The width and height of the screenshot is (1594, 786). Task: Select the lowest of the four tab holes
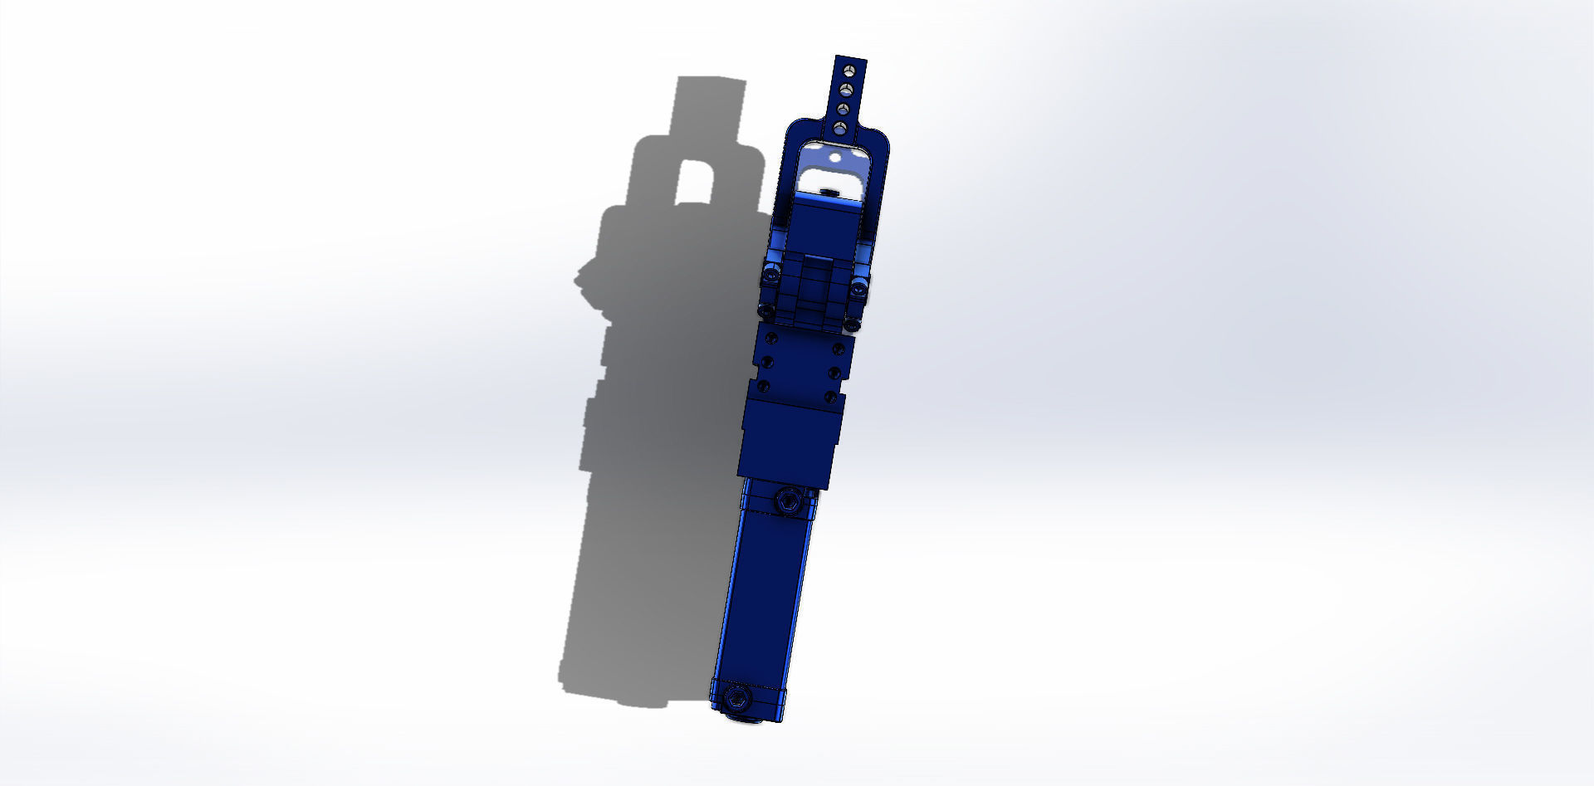pos(840,128)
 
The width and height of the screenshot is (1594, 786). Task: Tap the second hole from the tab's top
pos(846,88)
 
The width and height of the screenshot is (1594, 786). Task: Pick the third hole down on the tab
pos(843,109)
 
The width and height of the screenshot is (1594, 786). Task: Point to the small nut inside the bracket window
pos(827,192)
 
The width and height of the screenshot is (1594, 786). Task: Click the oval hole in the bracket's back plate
pos(835,157)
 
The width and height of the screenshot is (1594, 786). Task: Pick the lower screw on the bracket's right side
pos(852,324)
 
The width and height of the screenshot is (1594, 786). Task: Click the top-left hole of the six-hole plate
pos(772,337)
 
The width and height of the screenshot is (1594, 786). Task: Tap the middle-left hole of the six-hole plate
pos(767,362)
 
